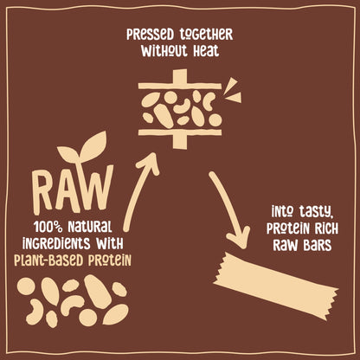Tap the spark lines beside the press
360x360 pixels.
coord(232,89)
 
